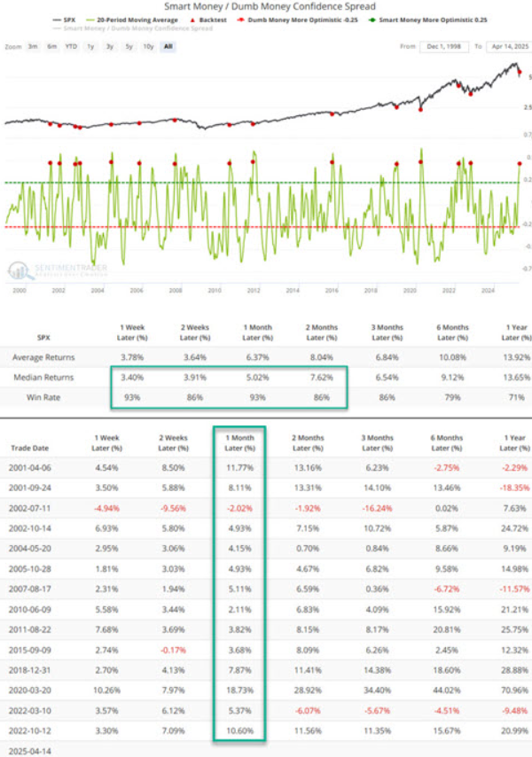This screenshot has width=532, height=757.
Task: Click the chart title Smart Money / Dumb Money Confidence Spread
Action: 267,6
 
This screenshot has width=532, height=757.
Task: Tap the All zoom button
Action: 167,45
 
